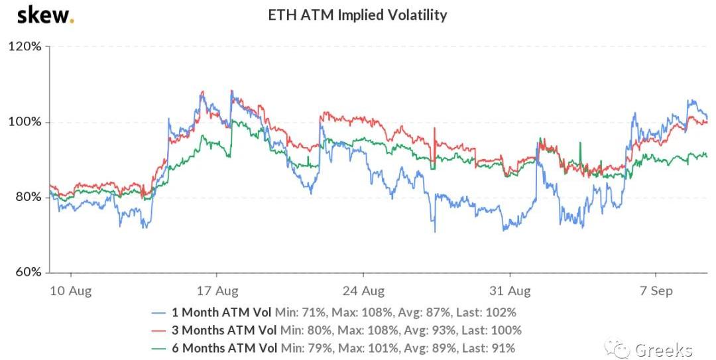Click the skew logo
pos(44,15)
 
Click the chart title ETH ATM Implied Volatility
pos(357,15)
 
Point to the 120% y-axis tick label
pos(25,47)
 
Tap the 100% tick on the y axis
pos(25,122)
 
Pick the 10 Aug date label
pos(71,290)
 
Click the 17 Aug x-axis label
pos(217,290)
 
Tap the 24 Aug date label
pos(363,290)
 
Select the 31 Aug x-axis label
pos(510,290)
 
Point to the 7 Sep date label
pos(656,290)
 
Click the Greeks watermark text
pos(663,349)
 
